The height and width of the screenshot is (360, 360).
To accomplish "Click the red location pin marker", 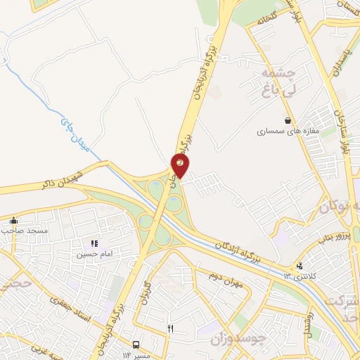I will coord(181,165).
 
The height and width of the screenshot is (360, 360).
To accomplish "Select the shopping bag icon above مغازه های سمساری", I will coord(288,120).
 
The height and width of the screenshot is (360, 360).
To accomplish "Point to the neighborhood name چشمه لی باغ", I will coord(281,82).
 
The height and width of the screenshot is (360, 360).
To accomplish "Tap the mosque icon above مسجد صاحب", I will coord(13,221).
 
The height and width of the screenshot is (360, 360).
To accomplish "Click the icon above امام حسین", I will coord(94,243).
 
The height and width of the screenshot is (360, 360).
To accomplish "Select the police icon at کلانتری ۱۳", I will coord(300,266).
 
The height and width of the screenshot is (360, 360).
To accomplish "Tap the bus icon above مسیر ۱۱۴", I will coord(135,345).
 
